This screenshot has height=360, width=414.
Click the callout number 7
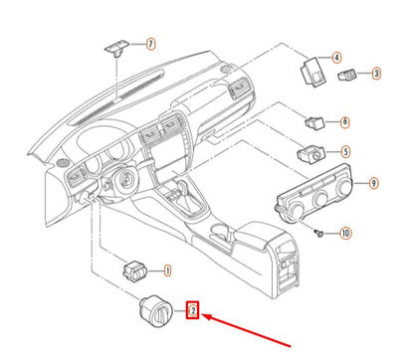tap(151, 44)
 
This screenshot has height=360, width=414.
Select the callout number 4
tap(336, 59)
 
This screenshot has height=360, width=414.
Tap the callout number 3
tap(375, 73)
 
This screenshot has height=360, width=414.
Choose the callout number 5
tap(345, 151)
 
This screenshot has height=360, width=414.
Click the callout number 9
tap(373, 183)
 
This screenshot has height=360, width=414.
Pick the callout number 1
tap(166, 270)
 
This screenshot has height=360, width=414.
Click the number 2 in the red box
tap(195, 312)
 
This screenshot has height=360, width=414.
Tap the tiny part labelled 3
tap(350, 76)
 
